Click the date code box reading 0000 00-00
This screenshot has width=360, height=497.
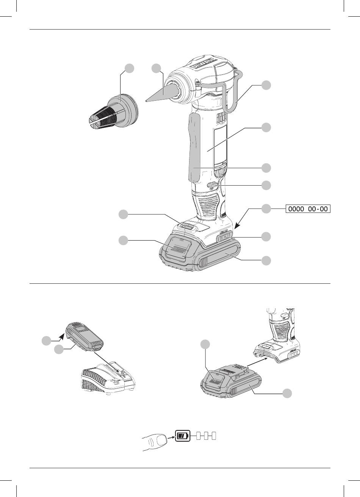(x=308, y=209)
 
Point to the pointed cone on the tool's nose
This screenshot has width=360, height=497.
(x=159, y=94)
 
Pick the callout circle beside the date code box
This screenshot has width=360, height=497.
(x=266, y=208)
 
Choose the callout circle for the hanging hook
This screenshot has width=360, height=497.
(x=266, y=85)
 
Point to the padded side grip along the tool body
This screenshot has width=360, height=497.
(x=194, y=147)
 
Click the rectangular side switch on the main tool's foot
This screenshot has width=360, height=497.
(x=224, y=238)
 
